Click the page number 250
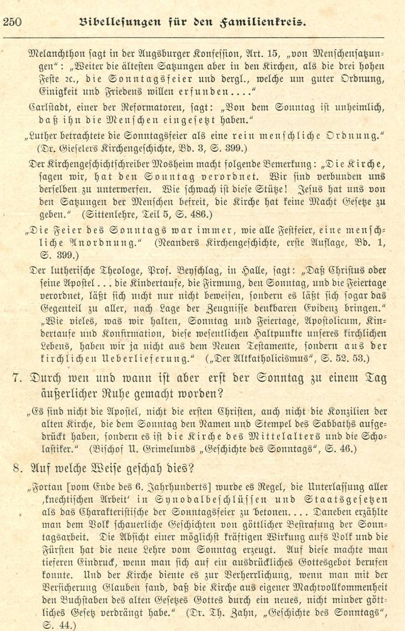[x=13, y=21]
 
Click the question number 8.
[x=17, y=469]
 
